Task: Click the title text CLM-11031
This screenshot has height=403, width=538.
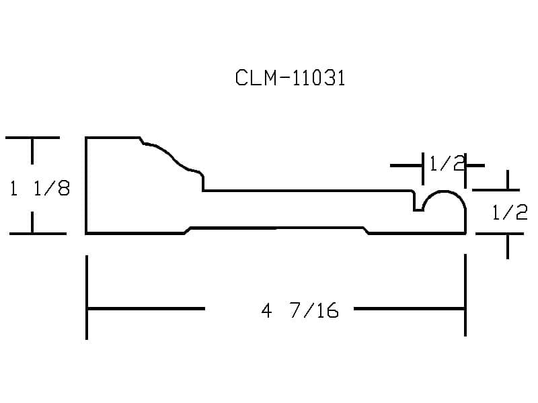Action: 290,78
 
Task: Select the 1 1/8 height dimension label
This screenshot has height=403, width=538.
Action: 40,188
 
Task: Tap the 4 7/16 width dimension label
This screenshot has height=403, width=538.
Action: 300,310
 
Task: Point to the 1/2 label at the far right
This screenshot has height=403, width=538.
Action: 510,212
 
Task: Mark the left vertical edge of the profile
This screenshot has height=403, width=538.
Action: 86,185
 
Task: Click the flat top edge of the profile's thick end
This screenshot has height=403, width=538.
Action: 113,138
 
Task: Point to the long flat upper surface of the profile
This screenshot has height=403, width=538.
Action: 307,190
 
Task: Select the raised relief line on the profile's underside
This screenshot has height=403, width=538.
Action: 276,228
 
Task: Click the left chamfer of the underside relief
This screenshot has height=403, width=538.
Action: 188,230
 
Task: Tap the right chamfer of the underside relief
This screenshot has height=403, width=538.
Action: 366,230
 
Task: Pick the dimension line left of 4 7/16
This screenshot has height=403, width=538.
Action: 146,309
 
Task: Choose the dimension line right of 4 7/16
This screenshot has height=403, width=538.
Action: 410,309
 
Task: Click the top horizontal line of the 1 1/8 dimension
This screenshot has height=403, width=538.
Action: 32,138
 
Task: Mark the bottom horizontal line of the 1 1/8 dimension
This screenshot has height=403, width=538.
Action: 38,234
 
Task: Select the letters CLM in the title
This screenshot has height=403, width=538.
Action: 256,78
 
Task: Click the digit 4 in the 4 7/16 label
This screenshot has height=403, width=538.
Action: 266,311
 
